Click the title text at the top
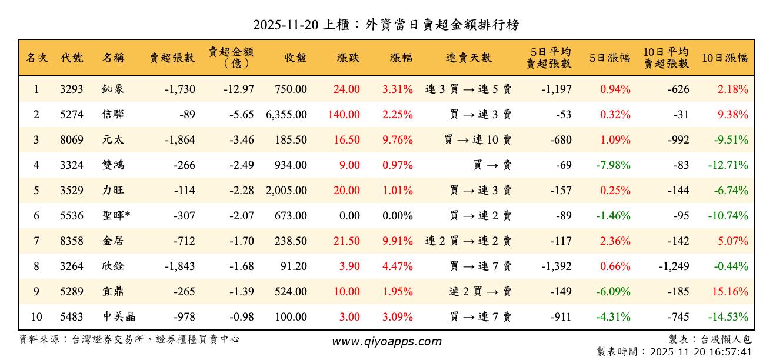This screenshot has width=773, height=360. pos(386,25)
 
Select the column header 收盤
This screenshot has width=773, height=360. pos(295,58)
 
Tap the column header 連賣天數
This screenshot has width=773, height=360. pos(468,58)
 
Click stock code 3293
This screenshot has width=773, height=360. pos(71,89)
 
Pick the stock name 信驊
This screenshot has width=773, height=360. pos(113,115)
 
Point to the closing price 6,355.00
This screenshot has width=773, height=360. pos(286,115)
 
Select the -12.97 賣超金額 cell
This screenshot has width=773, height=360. pos(239,89)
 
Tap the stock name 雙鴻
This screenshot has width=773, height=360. pos(113,165)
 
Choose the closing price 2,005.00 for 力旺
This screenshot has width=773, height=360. pos(286,191)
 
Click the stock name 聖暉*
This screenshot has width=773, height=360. pos(116,216)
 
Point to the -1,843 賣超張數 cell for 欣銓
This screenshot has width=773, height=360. pos(180,266)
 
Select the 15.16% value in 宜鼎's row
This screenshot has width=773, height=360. pos(732,292)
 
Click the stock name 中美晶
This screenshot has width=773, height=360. pos(119,317)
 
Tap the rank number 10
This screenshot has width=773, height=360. pos(36,317)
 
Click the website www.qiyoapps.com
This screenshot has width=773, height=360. pos(386,341)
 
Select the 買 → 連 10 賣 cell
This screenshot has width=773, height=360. pos(478,140)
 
